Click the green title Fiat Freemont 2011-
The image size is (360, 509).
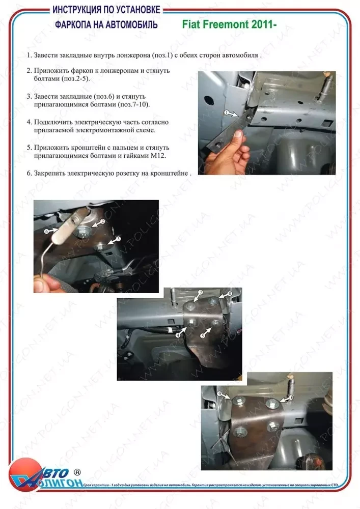(x=229, y=23)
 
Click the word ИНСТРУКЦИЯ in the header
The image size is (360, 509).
(x=77, y=10)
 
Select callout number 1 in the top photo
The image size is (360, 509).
(x=225, y=111)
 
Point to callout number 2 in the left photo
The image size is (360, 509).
(x=102, y=222)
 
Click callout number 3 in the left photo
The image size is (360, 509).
(x=118, y=238)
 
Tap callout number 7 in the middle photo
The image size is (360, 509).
(x=200, y=292)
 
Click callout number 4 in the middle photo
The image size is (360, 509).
(x=178, y=335)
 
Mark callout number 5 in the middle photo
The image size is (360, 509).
(x=202, y=336)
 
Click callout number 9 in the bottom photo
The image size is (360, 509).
(x=219, y=393)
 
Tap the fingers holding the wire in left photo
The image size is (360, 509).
(x=46, y=282)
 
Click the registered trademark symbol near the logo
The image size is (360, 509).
(x=77, y=472)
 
